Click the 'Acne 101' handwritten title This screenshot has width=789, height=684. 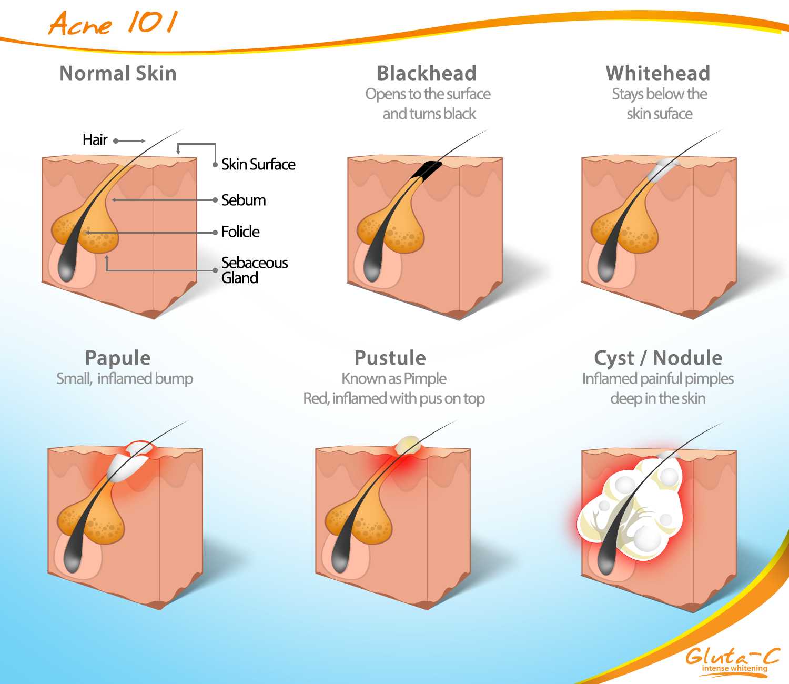pos(114,23)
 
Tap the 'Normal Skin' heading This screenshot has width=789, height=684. pos(118,73)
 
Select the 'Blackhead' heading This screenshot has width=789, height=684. pos(427,73)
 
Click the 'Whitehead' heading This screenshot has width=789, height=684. pos(657,73)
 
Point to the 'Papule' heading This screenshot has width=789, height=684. pos(118,358)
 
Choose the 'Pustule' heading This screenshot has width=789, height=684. pos(390,358)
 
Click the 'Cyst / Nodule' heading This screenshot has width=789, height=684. pos(658,358)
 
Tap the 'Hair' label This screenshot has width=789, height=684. pos(95,140)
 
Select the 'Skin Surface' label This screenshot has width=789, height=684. pos(258,164)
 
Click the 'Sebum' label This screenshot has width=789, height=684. pos(244,200)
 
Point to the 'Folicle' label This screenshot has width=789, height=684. pos(240,232)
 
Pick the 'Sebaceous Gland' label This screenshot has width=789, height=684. pos(255,270)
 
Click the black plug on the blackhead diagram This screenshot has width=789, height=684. pos(426,169)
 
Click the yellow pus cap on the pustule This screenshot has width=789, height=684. pos(408,445)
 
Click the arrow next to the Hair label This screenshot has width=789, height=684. pos(129,141)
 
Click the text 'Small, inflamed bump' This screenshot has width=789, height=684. pos(125,379)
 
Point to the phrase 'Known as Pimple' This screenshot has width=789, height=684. pos(394,379)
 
